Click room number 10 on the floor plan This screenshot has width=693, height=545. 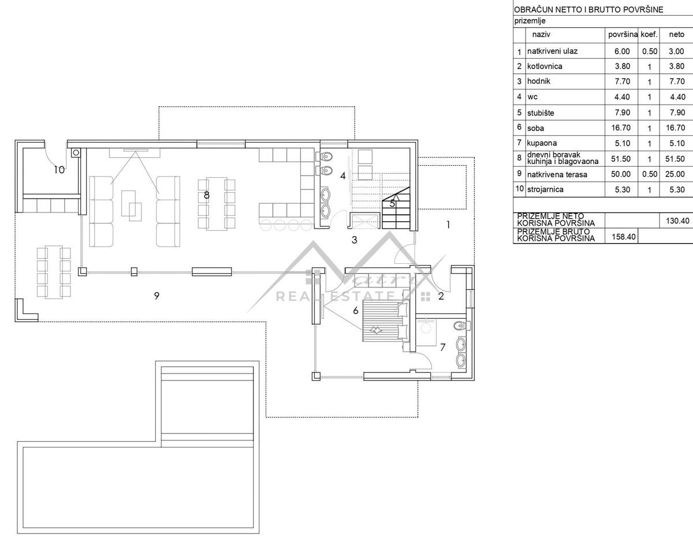(59, 170)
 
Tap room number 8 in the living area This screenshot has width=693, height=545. (207, 195)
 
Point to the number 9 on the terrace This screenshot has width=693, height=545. (157, 296)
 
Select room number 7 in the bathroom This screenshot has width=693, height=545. (443, 348)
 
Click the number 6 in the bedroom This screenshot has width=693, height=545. (356, 311)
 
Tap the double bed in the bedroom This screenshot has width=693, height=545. (385, 321)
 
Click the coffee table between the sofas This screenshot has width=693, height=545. (132, 206)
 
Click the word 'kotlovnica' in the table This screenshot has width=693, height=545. (545, 66)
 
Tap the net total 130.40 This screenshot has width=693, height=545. (677, 221)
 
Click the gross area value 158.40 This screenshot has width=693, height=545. (624, 237)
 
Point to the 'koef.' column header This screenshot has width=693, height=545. (649, 34)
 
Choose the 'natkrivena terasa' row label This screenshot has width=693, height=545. (557, 174)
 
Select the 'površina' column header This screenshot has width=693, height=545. (623, 35)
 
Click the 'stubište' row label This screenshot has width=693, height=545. (541, 113)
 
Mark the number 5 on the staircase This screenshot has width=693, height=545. (392, 203)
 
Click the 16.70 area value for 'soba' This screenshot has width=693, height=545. (621, 128)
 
